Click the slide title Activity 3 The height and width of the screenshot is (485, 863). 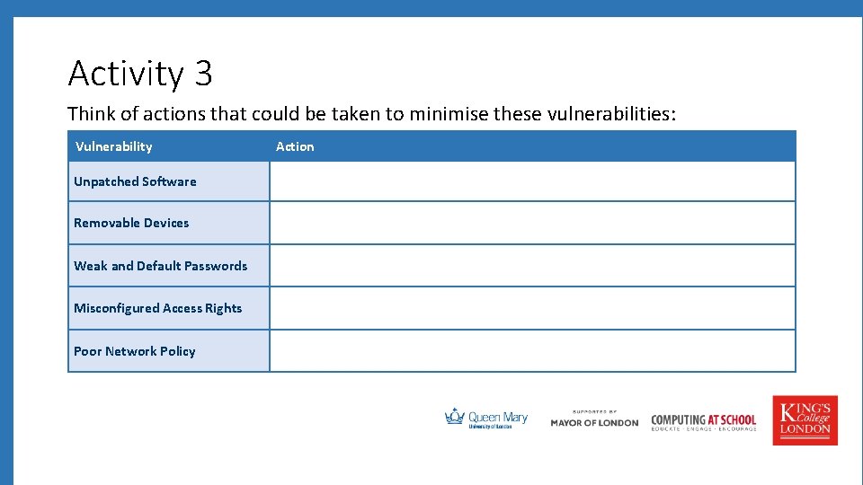pyautogui.click(x=139, y=74)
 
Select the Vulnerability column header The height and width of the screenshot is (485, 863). pyautogui.click(x=113, y=146)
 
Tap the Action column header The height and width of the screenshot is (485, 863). pyautogui.click(x=295, y=146)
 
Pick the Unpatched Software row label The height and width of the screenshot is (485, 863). pyautogui.click(x=135, y=181)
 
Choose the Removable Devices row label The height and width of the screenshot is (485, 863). pyautogui.click(x=131, y=223)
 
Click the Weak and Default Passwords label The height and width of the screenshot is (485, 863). pyautogui.click(x=160, y=266)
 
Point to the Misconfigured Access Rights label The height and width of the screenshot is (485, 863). pyautogui.click(x=157, y=308)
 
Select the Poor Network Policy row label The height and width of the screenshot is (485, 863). pyautogui.click(x=134, y=351)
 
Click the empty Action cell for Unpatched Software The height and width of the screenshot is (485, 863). pyautogui.click(x=532, y=181)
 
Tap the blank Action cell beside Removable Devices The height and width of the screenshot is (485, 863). pyautogui.click(x=532, y=223)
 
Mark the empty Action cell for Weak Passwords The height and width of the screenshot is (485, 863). pyautogui.click(x=532, y=266)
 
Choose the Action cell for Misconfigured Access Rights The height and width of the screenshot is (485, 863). pyautogui.click(x=532, y=308)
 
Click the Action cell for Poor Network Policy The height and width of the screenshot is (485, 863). pyautogui.click(x=532, y=351)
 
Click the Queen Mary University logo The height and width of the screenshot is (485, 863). pyautogui.click(x=486, y=419)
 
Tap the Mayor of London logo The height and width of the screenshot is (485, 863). pyautogui.click(x=594, y=419)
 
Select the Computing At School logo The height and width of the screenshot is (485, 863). pyautogui.click(x=703, y=421)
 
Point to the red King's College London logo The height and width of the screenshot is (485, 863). pyautogui.click(x=805, y=420)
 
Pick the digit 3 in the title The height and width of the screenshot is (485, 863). pyautogui.click(x=203, y=74)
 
